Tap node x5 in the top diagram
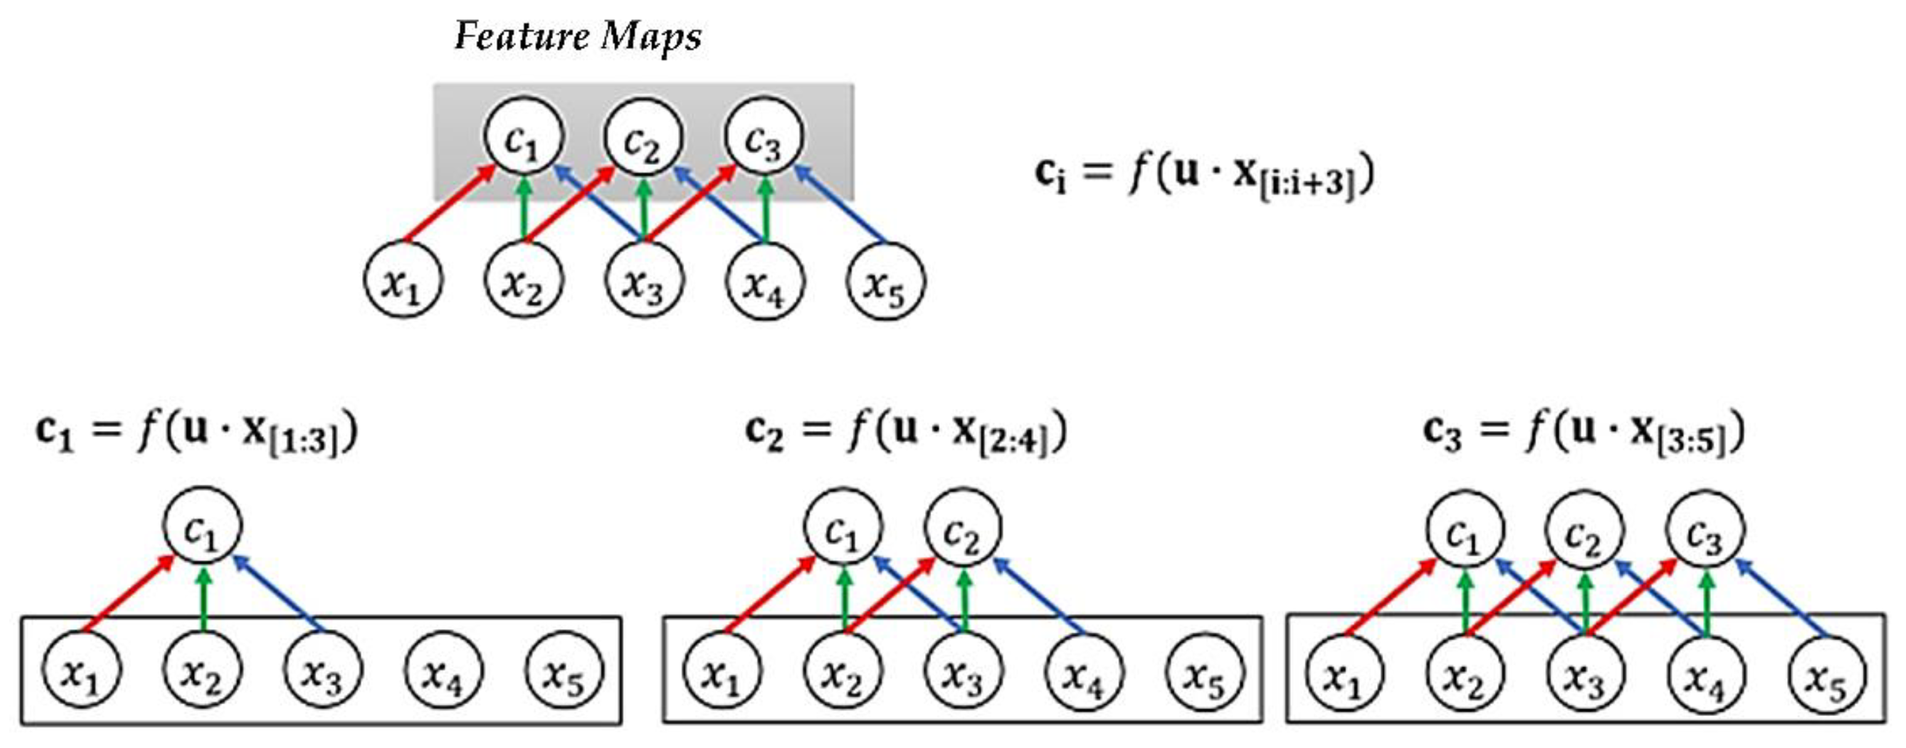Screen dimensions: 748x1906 (885, 281)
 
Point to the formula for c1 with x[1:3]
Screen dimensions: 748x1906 (197, 433)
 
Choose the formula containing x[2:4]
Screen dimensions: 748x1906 (907, 433)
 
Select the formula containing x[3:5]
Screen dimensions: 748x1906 (1583, 433)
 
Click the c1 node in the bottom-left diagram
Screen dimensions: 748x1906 (202, 527)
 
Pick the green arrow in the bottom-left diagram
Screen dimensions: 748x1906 (205, 599)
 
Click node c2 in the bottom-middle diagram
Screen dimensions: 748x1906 (963, 527)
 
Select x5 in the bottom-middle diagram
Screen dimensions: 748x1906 (1205, 672)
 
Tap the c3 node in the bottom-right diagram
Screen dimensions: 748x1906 (1705, 528)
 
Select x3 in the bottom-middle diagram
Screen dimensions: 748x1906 (963, 672)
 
